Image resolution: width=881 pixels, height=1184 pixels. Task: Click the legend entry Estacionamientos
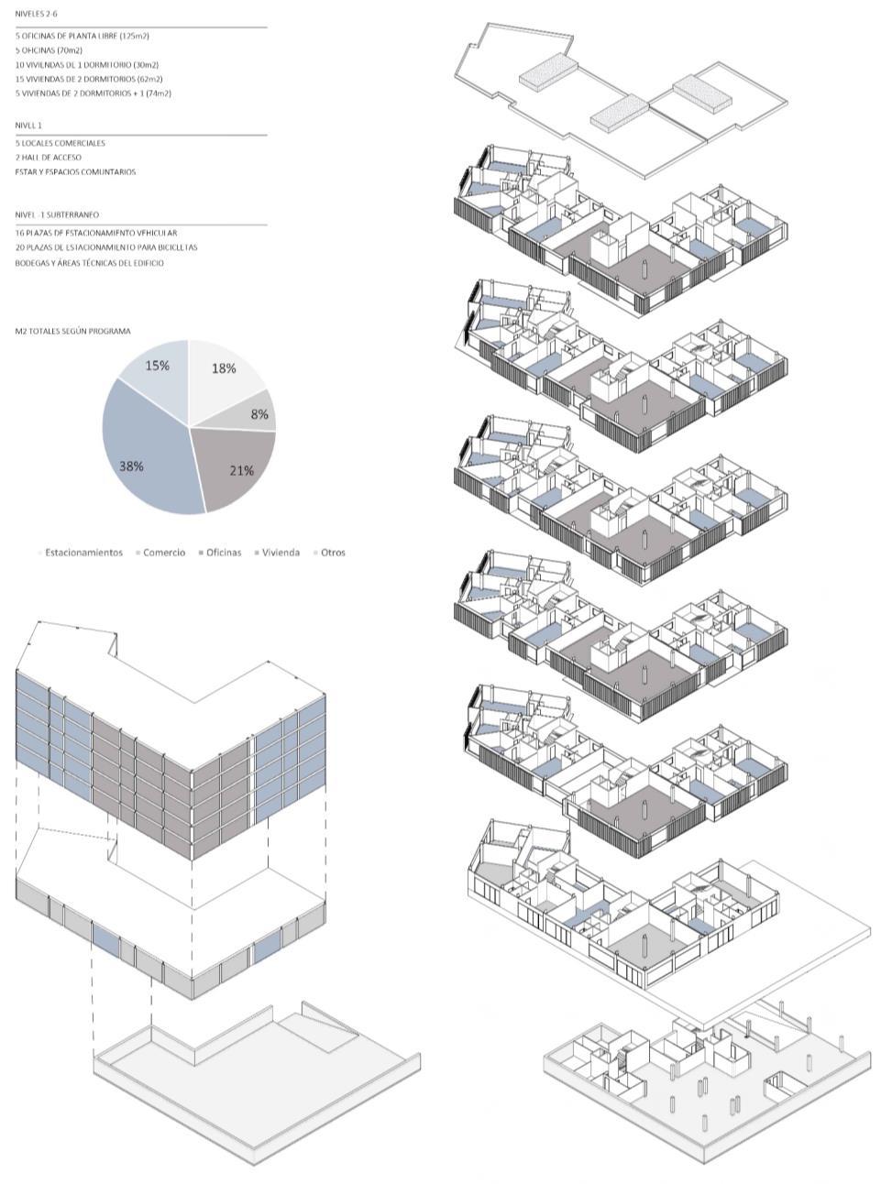(83, 553)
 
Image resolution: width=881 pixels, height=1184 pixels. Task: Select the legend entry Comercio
(163, 553)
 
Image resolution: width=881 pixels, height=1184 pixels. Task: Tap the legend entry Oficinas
(223, 553)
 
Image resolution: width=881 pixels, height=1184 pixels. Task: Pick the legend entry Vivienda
(280, 553)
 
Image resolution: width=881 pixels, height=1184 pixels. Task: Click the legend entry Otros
(332, 553)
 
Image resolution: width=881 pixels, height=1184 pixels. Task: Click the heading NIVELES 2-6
(36, 15)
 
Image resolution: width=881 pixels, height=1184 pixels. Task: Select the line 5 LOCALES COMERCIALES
(61, 143)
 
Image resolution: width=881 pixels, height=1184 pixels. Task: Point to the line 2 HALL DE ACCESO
(49, 158)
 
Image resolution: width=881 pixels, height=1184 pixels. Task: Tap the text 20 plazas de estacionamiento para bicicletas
(106, 247)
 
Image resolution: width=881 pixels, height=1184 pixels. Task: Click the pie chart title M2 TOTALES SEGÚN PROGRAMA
(72, 331)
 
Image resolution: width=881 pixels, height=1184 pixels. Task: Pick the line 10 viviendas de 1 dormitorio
(87, 65)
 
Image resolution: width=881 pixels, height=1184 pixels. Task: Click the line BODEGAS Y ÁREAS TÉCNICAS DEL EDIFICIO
(90, 263)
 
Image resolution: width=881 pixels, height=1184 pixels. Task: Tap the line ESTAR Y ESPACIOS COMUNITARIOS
(75, 172)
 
